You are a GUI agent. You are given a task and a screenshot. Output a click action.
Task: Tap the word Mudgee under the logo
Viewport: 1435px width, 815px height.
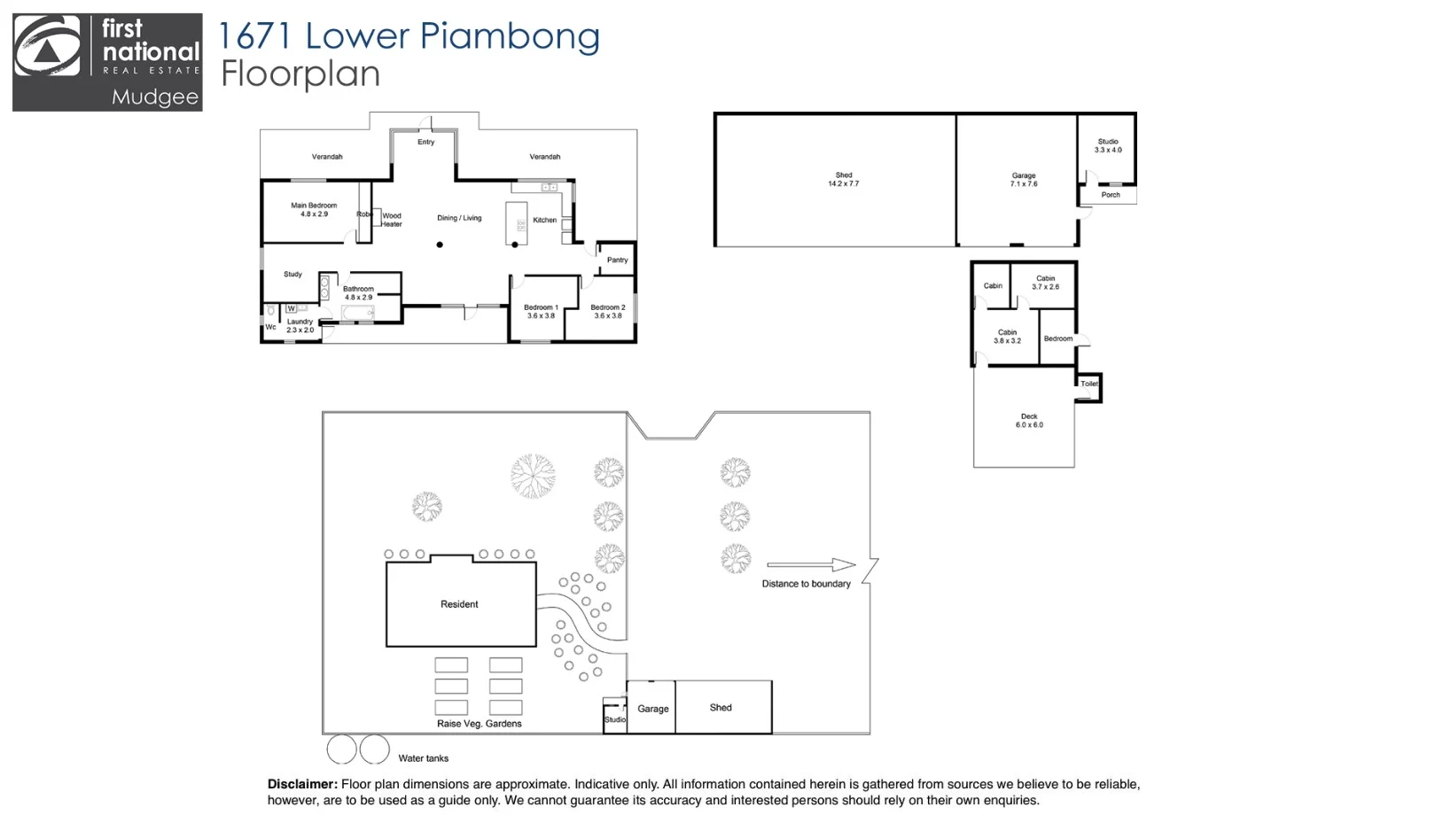tap(155, 97)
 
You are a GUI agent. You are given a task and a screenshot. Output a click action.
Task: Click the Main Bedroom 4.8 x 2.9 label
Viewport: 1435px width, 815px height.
tap(314, 210)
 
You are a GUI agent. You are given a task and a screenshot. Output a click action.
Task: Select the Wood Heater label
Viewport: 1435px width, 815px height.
tap(392, 220)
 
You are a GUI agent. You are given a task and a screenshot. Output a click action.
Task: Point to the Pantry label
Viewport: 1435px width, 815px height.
tap(617, 260)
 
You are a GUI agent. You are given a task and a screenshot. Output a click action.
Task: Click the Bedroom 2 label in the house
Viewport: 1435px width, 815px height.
tap(608, 312)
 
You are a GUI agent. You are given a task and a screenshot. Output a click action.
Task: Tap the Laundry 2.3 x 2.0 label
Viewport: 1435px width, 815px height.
tap(300, 326)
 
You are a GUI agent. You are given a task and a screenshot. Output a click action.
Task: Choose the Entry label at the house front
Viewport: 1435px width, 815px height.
tap(426, 143)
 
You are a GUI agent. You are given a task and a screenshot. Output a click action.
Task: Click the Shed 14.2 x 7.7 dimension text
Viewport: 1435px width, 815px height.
tap(843, 180)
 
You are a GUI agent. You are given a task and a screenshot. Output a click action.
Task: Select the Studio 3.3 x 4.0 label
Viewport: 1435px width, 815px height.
tap(1108, 146)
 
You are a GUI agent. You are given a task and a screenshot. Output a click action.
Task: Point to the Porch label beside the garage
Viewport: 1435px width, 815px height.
tap(1111, 195)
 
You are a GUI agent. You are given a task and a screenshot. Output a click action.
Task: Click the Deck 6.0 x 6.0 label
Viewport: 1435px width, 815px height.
tap(1029, 421)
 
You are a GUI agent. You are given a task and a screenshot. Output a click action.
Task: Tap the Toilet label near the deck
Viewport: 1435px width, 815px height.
tap(1089, 384)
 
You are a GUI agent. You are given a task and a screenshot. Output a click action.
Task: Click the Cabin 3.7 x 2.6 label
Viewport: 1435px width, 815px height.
tap(1045, 283)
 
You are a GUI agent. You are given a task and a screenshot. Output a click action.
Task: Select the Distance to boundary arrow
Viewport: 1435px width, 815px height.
tap(810, 565)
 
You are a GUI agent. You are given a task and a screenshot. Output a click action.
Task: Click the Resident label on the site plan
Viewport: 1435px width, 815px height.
tap(459, 604)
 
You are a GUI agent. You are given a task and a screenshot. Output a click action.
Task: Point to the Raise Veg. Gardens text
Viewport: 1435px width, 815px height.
tap(479, 724)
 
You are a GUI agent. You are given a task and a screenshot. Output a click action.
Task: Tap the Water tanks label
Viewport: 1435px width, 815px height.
tap(423, 758)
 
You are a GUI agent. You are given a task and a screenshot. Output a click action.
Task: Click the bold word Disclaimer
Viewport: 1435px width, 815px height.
tap(302, 784)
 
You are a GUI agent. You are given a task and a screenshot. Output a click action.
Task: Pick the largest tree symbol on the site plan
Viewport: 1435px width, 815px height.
tap(533, 476)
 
